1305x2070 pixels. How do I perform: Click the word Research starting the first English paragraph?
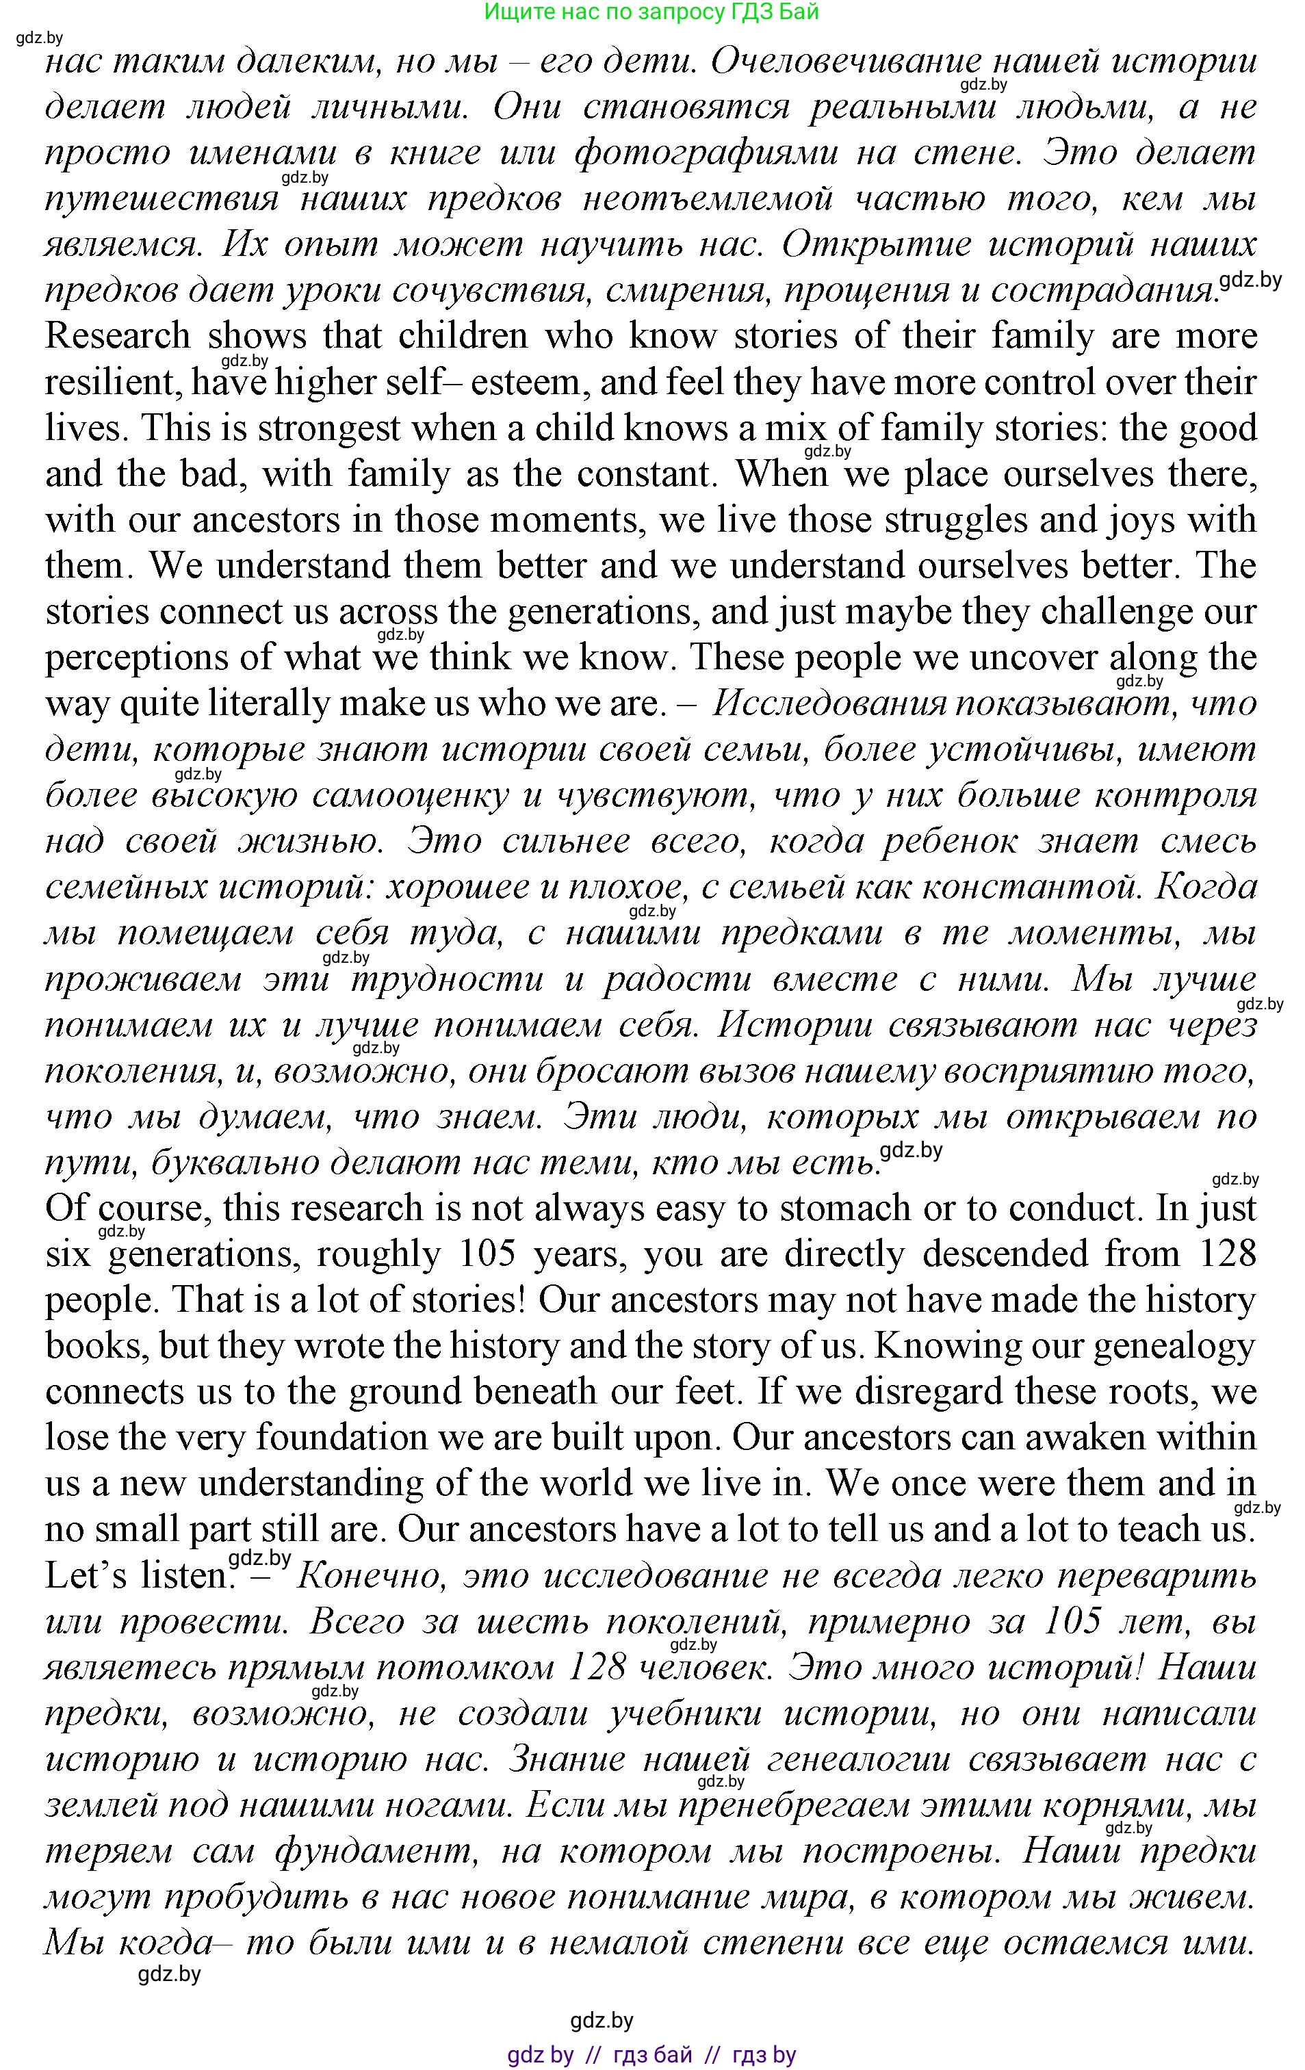coord(117,336)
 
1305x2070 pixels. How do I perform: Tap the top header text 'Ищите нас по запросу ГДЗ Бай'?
coord(651,12)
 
